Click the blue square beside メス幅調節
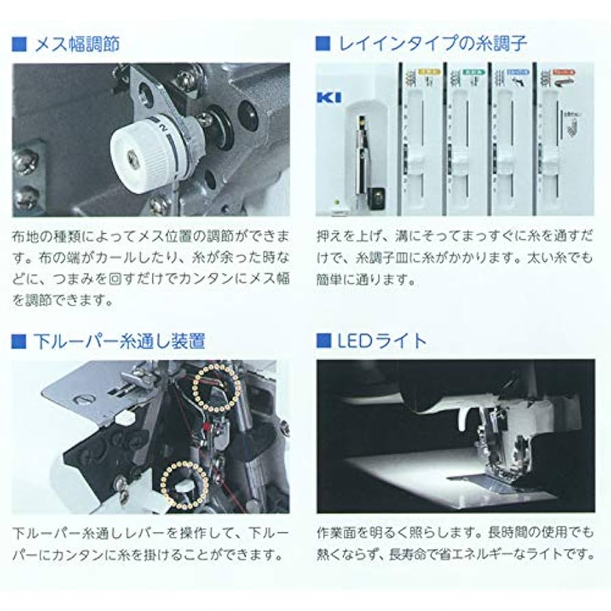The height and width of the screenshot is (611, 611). [x=19, y=45]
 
